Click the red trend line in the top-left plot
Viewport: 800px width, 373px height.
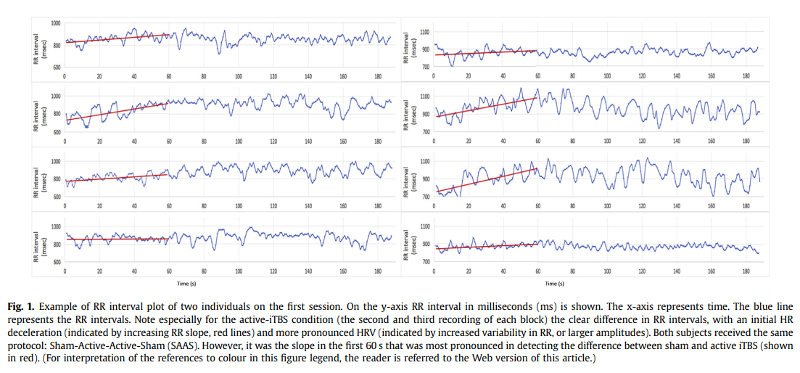[116, 38]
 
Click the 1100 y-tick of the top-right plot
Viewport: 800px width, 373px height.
[425, 33]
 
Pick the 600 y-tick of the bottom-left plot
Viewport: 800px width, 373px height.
[56, 261]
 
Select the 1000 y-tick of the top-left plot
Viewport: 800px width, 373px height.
[56, 23]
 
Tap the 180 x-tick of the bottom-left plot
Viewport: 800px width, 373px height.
[378, 271]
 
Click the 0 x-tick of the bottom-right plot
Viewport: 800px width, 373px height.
[433, 271]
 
